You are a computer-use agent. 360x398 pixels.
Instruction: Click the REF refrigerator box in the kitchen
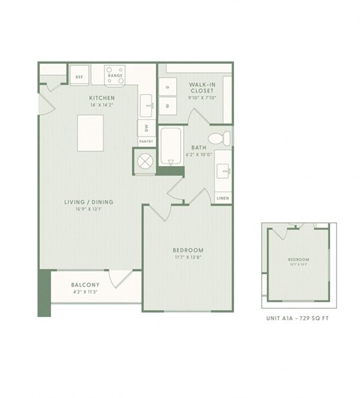79,76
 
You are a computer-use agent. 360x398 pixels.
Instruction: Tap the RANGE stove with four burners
115,76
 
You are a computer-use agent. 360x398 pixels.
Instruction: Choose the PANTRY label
145,141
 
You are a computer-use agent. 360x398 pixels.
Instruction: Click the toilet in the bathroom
215,138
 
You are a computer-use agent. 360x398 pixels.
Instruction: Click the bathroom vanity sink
222,171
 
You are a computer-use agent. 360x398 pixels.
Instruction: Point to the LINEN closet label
222,197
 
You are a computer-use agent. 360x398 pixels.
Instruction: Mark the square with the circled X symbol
144,161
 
